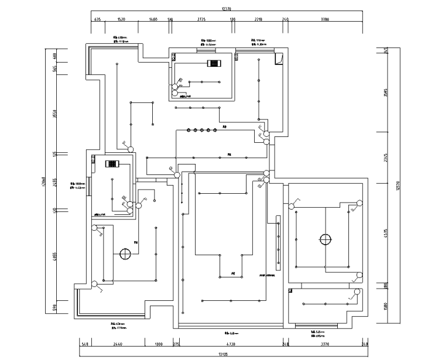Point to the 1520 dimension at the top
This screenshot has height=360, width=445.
tap(122, 19)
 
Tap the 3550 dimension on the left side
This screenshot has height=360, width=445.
tap(54, 113)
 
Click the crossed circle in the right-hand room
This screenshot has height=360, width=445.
tap(326, 239)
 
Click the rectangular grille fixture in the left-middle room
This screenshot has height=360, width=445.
tap(112, 164)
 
